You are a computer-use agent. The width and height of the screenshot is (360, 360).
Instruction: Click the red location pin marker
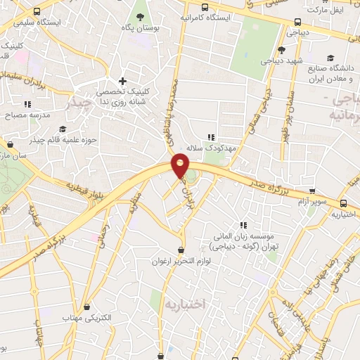point(180,167)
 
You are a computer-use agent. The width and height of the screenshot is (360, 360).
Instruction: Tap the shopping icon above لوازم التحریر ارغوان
point(182,250)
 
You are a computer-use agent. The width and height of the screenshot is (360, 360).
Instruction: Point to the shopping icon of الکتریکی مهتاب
point(87,307)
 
